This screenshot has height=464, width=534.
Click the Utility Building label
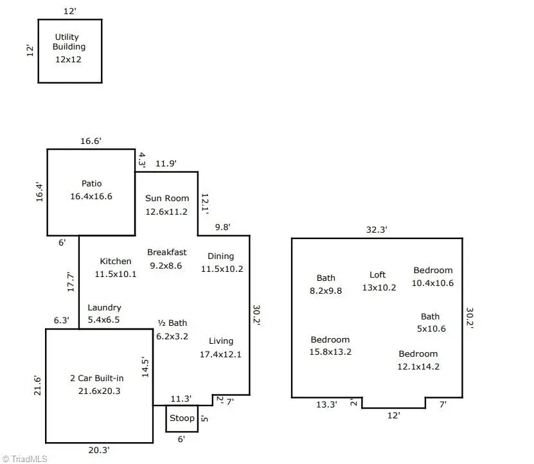(x=69, y=42)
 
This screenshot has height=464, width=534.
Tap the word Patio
(x=91, y=184)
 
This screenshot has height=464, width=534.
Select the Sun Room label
(x=166, y=198)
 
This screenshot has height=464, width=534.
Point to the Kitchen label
(x=116, y=261)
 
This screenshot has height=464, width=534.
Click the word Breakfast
(x=166, y=252)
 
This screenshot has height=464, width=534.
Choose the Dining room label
(x=220, y=256)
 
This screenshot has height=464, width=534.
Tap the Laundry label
(x=104, y=308)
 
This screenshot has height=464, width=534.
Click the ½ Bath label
(x=172, y=323)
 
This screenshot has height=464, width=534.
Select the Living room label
(x=221, y=341)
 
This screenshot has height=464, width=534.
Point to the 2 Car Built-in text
(x=96, y=378)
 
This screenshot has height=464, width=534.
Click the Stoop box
(x=181, y=418)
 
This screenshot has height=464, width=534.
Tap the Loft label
(x=378, y=274)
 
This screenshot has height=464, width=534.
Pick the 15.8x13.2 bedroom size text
(x=330, y=352)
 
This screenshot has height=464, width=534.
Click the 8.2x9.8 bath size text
(x=326, y=290)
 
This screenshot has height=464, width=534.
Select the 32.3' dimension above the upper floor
(x=377, y=229)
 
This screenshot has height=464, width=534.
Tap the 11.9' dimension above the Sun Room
(x=166, y=163)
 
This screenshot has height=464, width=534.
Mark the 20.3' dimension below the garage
(x=99, y=451)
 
